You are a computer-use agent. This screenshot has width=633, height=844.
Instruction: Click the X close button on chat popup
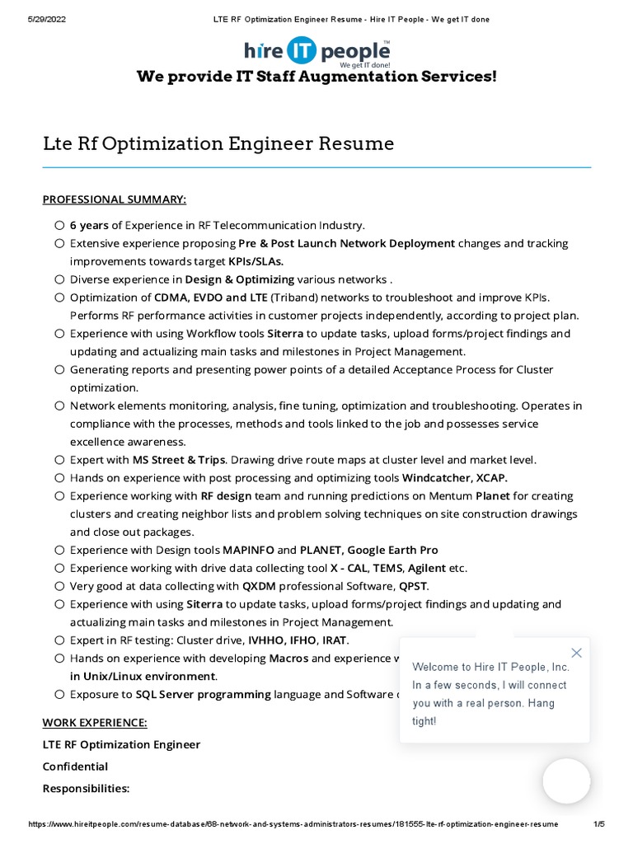pos(576,653)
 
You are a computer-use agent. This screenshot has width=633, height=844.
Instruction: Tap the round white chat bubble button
pos(566,781)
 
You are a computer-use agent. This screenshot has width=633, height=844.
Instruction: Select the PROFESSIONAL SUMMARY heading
pos(115,199)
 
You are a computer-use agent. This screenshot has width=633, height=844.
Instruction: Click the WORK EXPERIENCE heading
pos(95,723)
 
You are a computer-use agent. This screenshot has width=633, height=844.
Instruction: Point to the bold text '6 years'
pos(89,225)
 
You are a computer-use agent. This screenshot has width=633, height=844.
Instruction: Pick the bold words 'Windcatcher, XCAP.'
pos(455,478)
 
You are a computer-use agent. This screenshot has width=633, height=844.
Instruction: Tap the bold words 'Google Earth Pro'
pos(392,550)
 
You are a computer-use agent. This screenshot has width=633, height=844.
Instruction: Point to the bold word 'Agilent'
pos(426,568)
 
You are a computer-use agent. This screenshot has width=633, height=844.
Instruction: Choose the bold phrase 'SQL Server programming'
pos(204,695)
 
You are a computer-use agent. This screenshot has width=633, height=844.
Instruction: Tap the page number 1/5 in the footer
pos(599,824)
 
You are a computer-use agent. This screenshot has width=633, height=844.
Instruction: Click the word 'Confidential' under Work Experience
pos(75,767)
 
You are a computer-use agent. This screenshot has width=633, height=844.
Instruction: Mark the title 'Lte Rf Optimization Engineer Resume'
pos(218,144)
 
